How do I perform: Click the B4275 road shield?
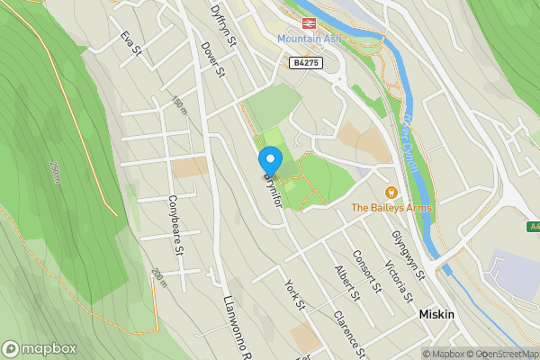coord(305,62)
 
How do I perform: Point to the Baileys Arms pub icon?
coord(391,193)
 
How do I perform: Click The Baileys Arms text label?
coord(391,208)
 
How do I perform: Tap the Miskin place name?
coord(436,315)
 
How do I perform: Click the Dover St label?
coord(212,59)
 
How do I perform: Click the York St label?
coord(295,294)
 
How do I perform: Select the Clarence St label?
coord(348,332)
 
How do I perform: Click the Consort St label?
coord(367,271)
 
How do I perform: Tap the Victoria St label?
coord(397,280)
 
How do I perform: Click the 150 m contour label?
coord(179,106)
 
